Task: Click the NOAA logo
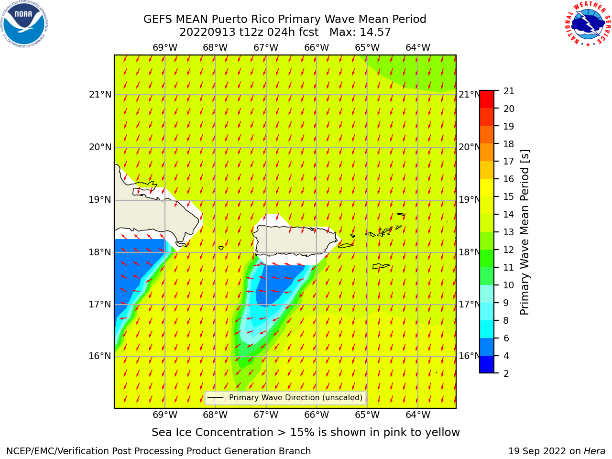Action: point(24,24)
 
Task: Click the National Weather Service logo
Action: point(588,24)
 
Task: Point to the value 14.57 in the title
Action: point(375,32)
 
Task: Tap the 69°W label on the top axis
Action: point(165,47)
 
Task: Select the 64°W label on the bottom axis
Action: point(418,415)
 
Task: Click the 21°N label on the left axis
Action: point(100,95)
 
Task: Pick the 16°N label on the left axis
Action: point(100,356)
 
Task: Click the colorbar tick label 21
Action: point(509,91)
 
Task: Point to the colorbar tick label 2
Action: point(506,373)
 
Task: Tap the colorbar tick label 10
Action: point(509,285)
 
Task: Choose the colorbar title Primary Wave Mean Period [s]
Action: point(525,232)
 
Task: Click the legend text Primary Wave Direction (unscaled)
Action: point(295,397)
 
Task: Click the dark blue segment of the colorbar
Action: point(487,364)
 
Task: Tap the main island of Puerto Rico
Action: point(295,241)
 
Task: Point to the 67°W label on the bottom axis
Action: point(266,415)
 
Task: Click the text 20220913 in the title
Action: point(208,32)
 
